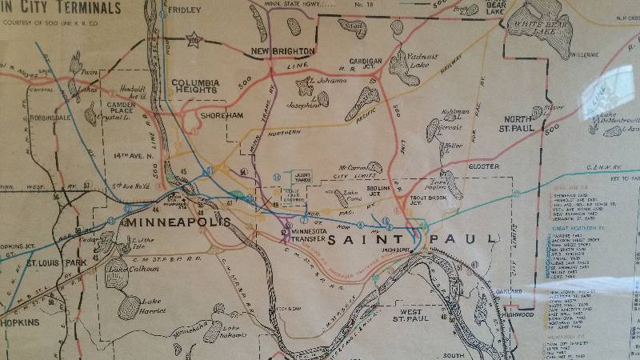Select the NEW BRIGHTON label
(282, 51)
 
